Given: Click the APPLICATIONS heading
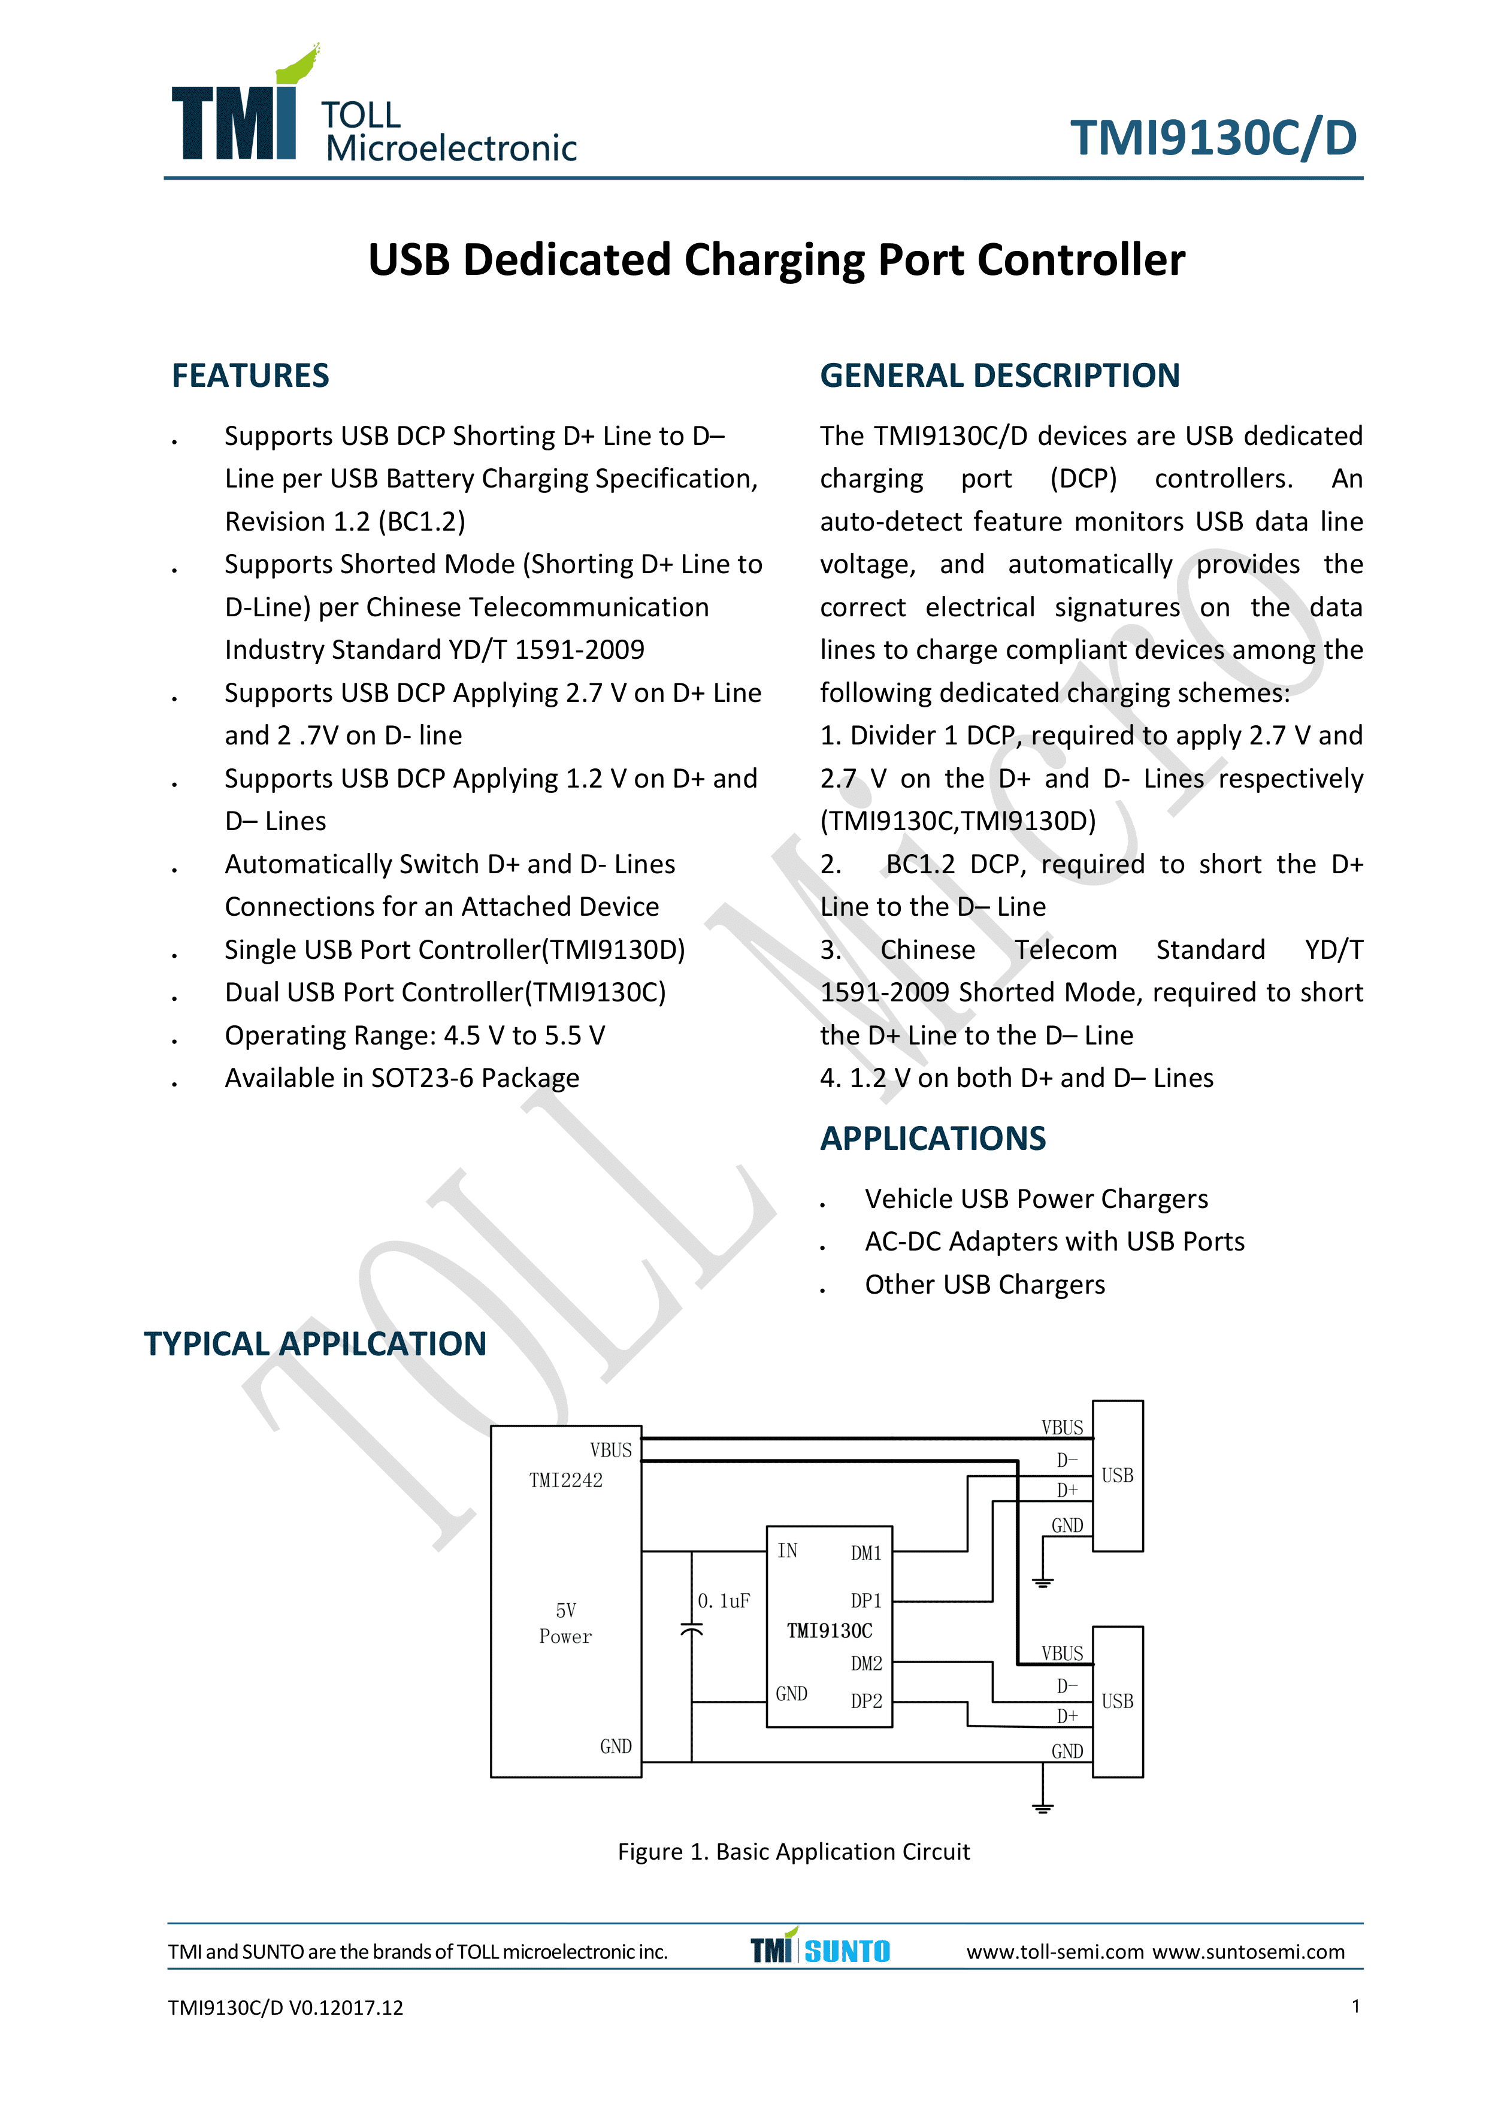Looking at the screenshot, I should tap(933, 1139).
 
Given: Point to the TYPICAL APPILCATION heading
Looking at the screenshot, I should tap(315, 1343).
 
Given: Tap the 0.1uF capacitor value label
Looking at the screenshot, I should tap(724, 1600).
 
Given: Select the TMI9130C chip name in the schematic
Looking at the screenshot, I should tap(829, 1631).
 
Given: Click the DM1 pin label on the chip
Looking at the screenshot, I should tap(865, 1553).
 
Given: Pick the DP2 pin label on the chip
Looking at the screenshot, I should tap(865, 1701).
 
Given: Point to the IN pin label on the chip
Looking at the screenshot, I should tap(787, 1550).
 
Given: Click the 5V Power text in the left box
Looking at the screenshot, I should tap(565, 1623).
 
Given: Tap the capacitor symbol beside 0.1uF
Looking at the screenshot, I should tap(692, 1630).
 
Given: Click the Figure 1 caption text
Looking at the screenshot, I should tap(794, 1851).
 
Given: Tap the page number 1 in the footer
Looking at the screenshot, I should tap(1355, 2007).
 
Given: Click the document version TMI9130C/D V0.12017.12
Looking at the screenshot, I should tap(286, 2008).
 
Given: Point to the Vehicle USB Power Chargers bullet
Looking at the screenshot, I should tap(1036, 1199).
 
